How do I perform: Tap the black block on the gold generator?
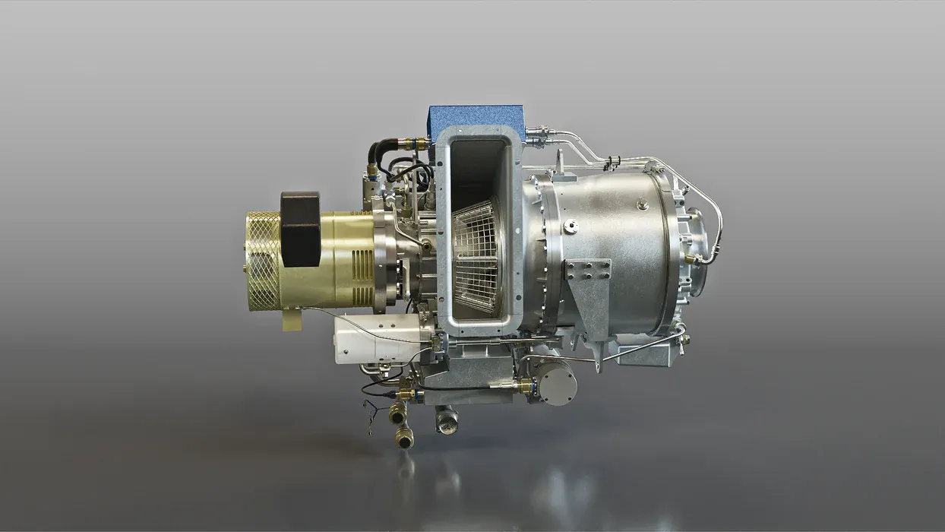(x=300, y=228)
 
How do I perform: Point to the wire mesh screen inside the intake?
(x=477, y=255)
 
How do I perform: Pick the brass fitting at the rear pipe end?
(x=691, y=259)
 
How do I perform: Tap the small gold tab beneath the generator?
(x=292, y=321)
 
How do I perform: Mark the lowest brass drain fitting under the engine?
(x=404, y=436)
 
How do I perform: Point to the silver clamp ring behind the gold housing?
(x=386, y=258)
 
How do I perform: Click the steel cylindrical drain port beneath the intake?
(x=447, y=419)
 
